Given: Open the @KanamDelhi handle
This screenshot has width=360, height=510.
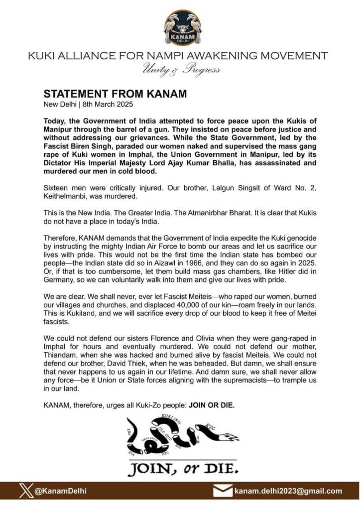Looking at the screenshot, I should tap(60, 491).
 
